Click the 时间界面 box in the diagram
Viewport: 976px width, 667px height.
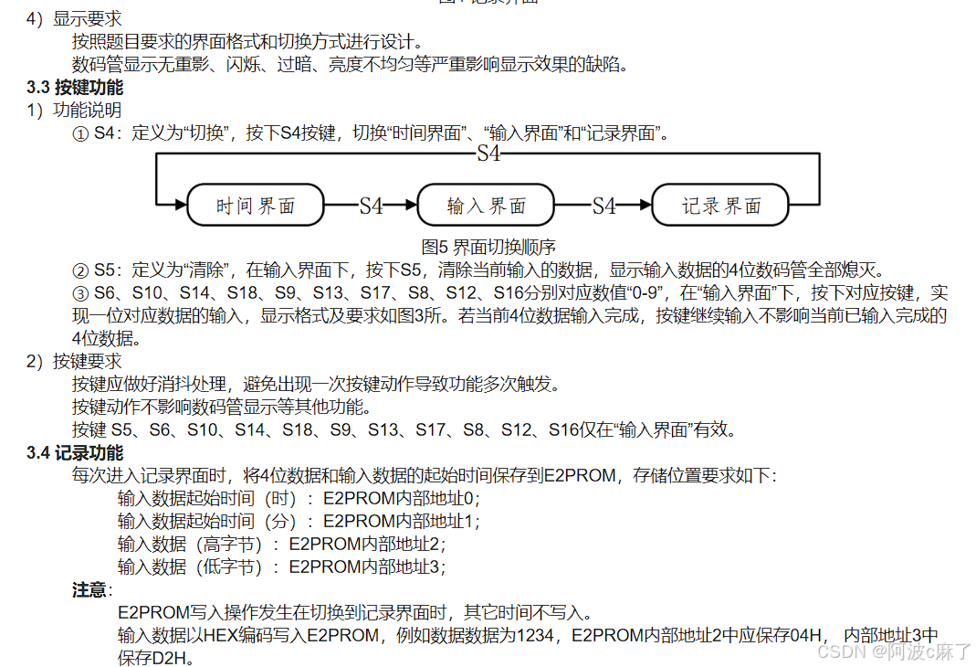point(256,206)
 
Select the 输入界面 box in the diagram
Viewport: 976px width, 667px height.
point(487,206)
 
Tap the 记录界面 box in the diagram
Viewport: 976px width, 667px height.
point(721,206)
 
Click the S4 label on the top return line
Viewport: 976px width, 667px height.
point(489,154)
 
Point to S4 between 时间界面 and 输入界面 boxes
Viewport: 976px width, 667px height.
point(371,206)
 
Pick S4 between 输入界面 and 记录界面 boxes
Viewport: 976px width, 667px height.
point(604,206)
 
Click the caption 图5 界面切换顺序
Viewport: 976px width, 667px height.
point(489,247)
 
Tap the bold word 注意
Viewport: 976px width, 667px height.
point(89,589)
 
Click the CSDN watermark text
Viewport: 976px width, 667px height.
point(893,651)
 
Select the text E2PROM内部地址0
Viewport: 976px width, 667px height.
point(400,499)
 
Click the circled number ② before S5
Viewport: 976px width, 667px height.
point(80,270)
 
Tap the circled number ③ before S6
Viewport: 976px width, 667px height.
point(80,293)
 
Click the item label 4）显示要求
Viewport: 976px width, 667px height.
point(75,18)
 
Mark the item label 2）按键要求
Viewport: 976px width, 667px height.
point(75,362)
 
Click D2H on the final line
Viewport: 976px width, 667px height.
point(173,657)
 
